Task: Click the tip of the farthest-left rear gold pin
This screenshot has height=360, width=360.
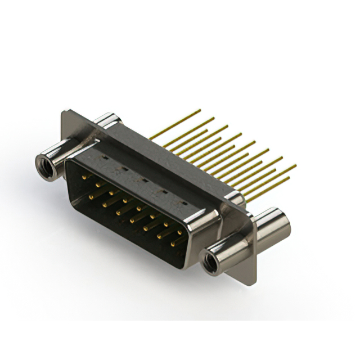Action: pyautogui.click(x=200, y=110)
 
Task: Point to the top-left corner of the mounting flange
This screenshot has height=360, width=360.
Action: pyautogui.click(x=64, y=112)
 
